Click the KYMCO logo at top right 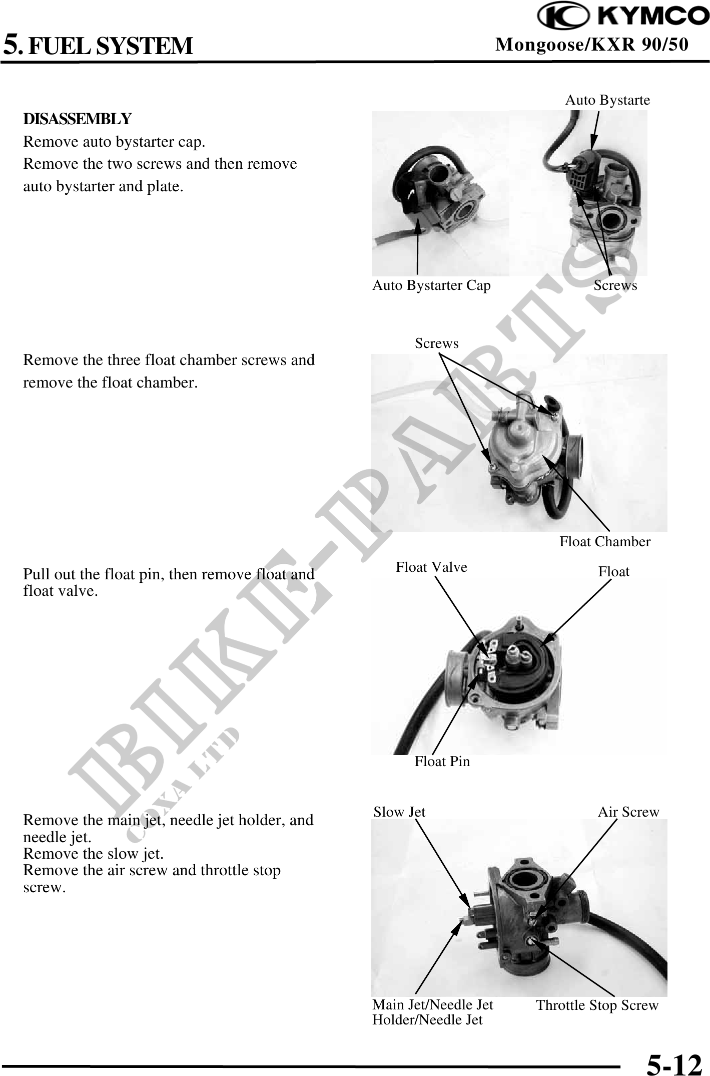[x=623, y=17]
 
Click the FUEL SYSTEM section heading [x=110, y=46]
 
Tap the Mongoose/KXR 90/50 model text [x=591, y=45]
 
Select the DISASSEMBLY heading [x=78, y=119]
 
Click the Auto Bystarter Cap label [x=431, y=285]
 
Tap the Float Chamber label [x=605, y=541]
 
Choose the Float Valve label [x=431, y=567]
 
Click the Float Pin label [x=442, y=762]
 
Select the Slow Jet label [x=399, y=812]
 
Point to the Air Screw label [x=628, y=812]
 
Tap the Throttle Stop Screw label [x=597, y=1005]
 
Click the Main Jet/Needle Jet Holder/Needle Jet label [x=433, y=1012]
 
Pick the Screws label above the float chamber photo [x=436, y=343]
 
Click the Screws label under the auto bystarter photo [x=615, y=285]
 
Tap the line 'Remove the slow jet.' [x=94, y=853]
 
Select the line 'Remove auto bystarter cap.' [x=114, y=142]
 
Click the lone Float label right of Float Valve [x=614, y=571]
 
